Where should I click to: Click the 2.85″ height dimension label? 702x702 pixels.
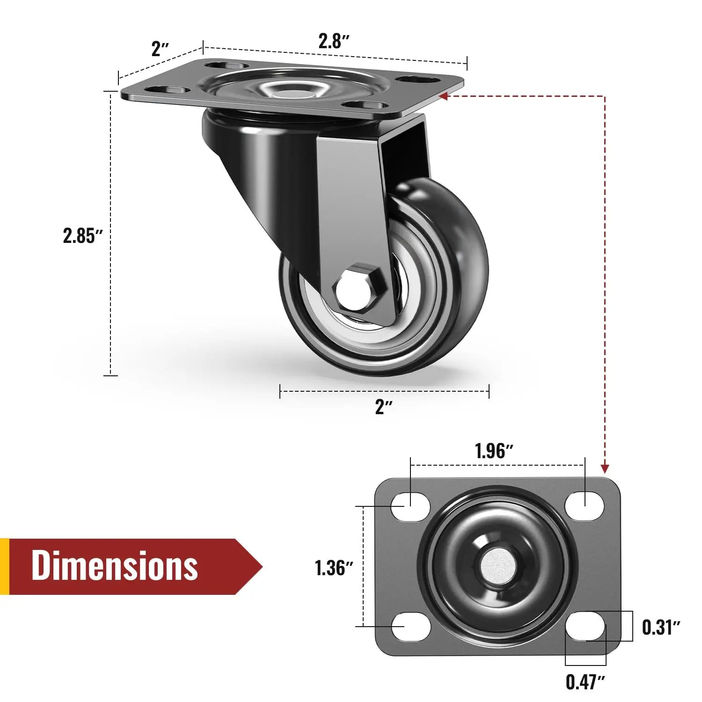click(82, 236)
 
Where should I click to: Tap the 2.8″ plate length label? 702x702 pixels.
click(334, 41)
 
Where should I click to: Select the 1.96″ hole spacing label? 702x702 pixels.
click(494, 451)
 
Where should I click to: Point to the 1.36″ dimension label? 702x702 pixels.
click(333, 568)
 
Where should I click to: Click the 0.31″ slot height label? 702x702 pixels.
click(660, 627)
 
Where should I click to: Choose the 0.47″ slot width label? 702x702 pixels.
click(585, 682)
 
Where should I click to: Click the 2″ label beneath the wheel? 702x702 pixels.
click(384, 407)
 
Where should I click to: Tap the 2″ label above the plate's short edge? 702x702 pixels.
click(160, 49)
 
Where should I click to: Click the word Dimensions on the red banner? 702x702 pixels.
click(115, 566)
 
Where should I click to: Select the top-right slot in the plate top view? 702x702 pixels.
click(584, 505)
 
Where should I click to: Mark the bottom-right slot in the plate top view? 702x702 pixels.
click(585, 626)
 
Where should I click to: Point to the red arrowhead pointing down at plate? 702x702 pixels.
click(605, 468)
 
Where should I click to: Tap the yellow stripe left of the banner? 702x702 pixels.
click(4, 566)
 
